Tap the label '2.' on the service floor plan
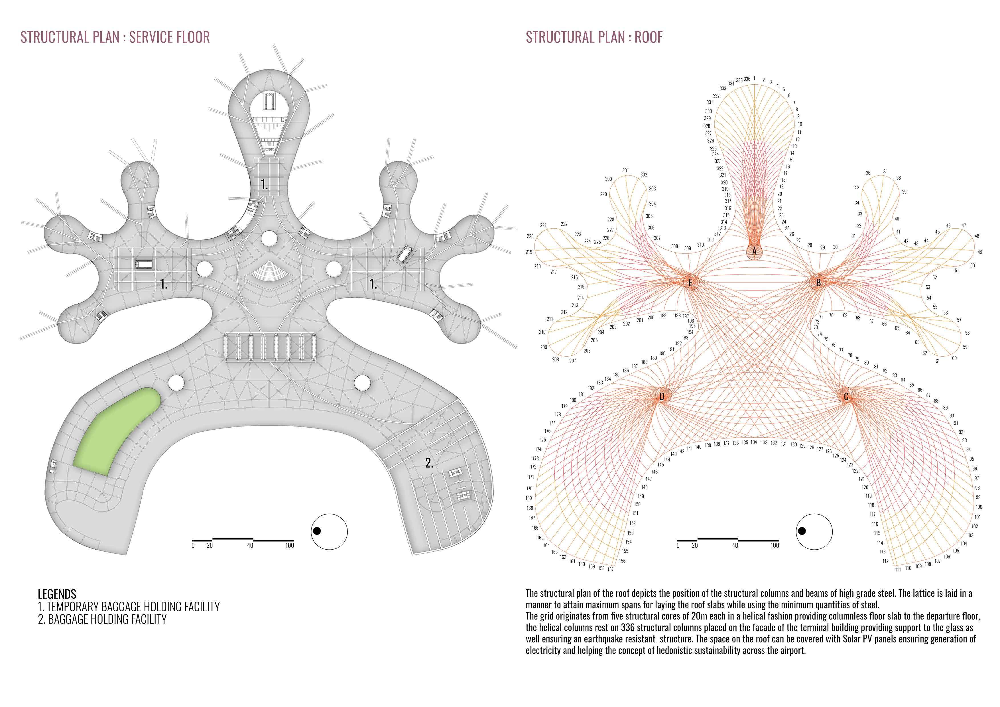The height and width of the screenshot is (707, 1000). coord(429,463)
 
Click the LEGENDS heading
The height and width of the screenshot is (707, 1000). coord(57,594)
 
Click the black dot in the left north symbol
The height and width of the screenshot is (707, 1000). coord(317,531)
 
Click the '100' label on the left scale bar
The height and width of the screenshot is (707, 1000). coord(290,545)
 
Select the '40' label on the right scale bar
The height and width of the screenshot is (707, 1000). coord(735,545)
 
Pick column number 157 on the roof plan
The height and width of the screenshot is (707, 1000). coord(611,569)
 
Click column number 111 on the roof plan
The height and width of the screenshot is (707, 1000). coord(898,569)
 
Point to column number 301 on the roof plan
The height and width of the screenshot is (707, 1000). coord(625,170)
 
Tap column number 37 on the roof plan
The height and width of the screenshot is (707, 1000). coord(885,171)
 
